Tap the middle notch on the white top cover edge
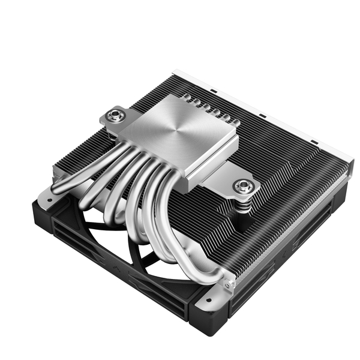click(262, 114)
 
